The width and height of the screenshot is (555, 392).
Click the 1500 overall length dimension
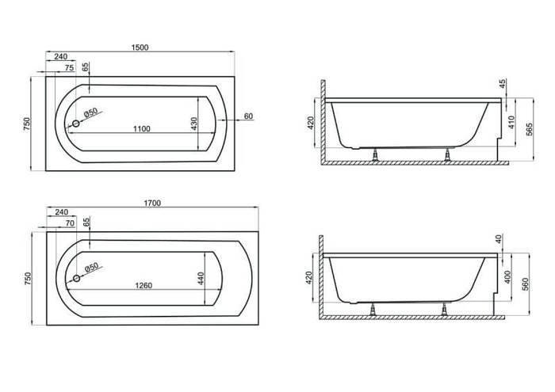click(x=140, y=48)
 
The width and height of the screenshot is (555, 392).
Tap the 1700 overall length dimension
click(x=152, y=203)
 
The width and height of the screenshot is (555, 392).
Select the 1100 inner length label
click(x=142, y=129)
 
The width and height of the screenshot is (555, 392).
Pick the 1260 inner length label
click(x=144, y=286)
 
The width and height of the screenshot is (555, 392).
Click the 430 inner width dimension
click(x=194, y=124)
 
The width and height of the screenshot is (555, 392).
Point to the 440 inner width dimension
click(x=201, y=279)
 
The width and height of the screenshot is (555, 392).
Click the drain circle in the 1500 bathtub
click(x=76, y=124)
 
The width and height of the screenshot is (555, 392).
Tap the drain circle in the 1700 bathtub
click(x=76, y=278)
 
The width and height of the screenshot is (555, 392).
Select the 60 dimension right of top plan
click(x=248, y=116)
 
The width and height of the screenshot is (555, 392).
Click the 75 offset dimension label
click(x=70, y=67)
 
